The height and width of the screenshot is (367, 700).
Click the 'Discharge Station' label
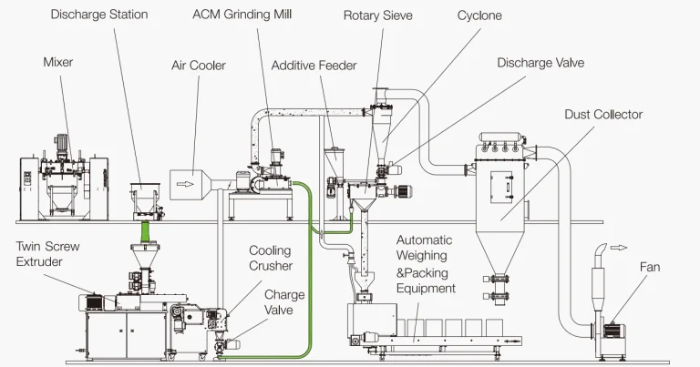pos(99,15)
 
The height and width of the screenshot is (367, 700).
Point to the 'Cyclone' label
pos(479,15)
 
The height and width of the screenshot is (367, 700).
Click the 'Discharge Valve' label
pos(540,63)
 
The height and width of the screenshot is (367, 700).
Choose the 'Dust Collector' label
pos(602,114)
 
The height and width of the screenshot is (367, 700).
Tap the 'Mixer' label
pos(57,62)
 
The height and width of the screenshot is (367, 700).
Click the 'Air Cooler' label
pos(198,66)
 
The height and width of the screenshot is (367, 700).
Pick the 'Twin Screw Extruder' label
pos(42,254)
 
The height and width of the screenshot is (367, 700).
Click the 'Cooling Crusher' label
pos(271,258)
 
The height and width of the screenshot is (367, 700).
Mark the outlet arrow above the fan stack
pos(620,246)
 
